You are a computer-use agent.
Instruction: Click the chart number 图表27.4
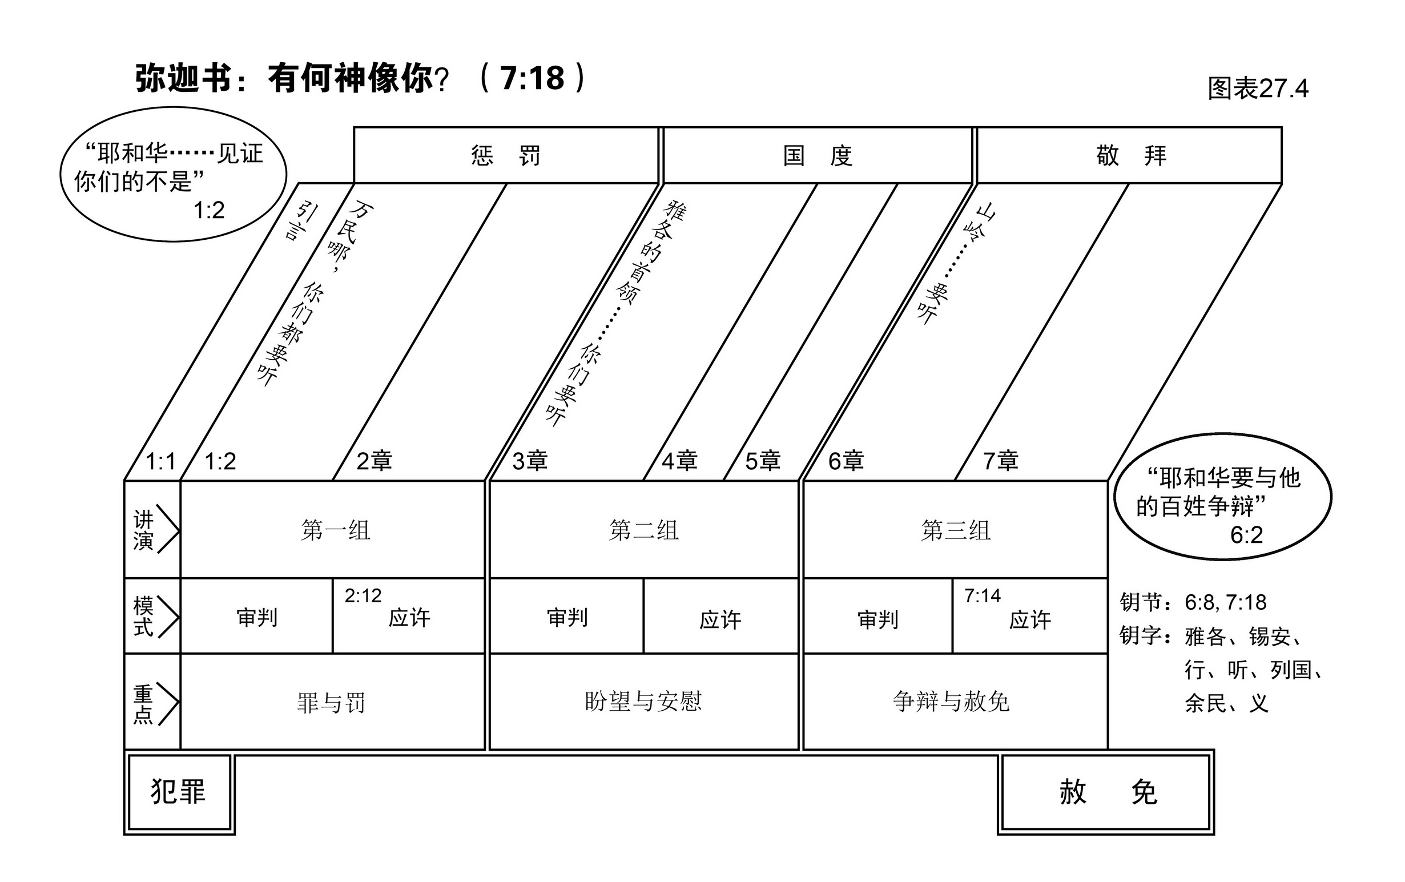[x=1258, y=88]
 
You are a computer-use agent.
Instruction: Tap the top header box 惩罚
[x=506, y=155]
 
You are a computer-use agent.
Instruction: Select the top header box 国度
[x=817, y=155]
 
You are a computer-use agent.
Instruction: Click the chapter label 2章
[x=374, y=461]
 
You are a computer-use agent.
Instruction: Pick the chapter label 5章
[x=762, y=461]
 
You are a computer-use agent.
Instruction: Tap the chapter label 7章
[x=1001, y=461]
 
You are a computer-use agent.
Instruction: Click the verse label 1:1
[x=160, y=462]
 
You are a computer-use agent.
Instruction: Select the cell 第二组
[x=644, y=530]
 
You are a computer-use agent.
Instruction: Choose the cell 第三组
[x=955, y=530]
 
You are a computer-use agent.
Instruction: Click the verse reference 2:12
[x=363, y=595]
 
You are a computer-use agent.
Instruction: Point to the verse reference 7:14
[x=982, y=595]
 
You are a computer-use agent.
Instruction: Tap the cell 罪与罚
[x=331, y=702]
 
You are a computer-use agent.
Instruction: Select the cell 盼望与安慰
[x=643, y=701]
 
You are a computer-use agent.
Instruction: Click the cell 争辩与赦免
[x=951, y=701]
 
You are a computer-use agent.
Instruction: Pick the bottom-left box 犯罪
[x=179, y=792]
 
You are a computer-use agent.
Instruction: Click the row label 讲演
[x=143, y=530]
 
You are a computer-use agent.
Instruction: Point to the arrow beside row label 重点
[x=167, y=703]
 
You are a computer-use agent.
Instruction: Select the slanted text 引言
[x=300, y=220]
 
